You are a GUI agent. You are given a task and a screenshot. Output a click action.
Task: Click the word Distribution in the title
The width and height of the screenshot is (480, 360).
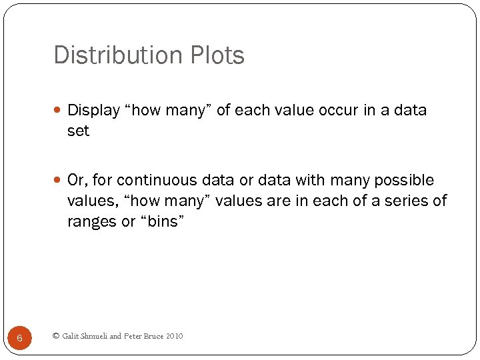point(114,55)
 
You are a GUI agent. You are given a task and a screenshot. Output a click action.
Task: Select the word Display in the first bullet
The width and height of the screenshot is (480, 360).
point(94,110)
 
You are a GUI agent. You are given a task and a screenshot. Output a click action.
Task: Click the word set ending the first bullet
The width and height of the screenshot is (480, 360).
point(78,131)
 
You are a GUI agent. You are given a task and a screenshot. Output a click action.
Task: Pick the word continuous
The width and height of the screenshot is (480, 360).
point(151,180)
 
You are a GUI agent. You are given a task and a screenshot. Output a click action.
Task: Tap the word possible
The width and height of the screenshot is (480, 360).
point(404,180)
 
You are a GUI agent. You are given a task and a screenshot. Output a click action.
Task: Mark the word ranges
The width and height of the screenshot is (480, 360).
point(92,222)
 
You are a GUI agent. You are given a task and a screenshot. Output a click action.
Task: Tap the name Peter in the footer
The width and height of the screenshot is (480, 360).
point(134,336)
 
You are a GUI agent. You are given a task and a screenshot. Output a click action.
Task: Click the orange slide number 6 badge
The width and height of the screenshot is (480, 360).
point(19,338)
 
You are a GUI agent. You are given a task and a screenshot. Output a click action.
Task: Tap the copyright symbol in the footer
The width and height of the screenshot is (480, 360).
point(55,336)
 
